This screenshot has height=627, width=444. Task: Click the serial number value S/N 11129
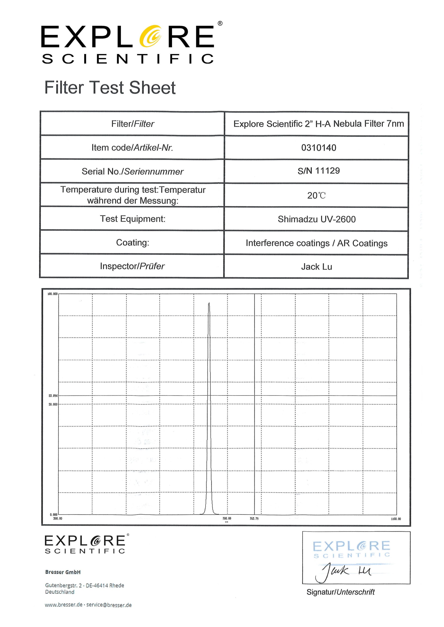click(319, 171)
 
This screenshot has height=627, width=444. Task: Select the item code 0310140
click(319, 148)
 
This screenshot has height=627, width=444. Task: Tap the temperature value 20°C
click(316, 195)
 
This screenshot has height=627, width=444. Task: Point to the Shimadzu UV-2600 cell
click(317, 219)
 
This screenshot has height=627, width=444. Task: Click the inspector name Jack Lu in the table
click(317, 267)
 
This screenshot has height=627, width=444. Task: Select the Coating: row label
click(133, 242)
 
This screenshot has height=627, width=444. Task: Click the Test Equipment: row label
click(133, 219)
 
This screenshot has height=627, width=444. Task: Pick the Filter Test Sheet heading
click(110, 88)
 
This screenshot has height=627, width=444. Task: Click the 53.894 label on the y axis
click(53, 396)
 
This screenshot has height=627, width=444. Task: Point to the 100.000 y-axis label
click(52, 294)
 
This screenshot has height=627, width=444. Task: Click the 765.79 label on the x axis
click(254, 519)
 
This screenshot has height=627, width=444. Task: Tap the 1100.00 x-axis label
click(396, 519)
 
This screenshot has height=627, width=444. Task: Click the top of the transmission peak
click(209, 303)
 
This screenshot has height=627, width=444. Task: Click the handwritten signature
click(343, 572)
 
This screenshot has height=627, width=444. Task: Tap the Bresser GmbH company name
click(63, 572)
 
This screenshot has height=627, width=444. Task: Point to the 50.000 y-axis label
click(53, 404)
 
